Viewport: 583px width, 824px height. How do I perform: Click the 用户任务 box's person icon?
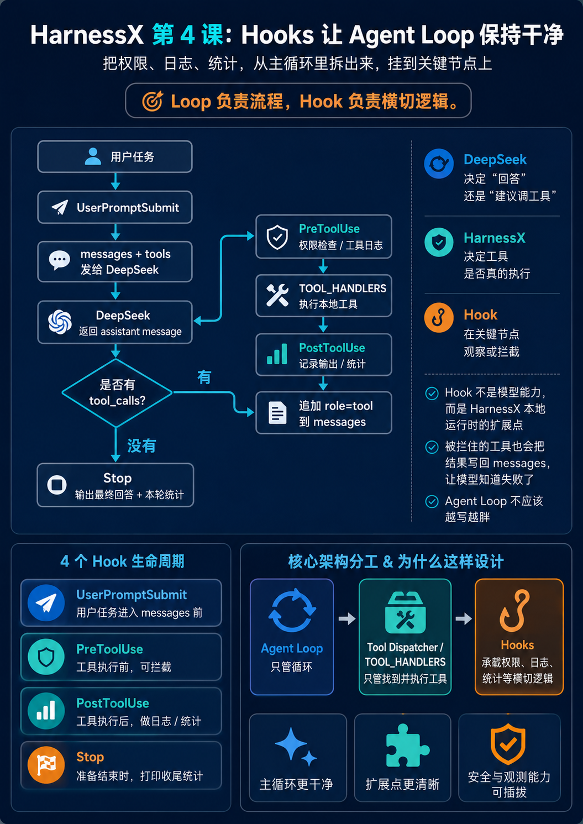pyautogui.click(x=93, y=156)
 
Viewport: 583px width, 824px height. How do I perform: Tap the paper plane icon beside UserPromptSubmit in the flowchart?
pyautogui.click(x=60, y=207)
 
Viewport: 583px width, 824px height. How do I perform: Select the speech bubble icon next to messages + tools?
pyautogui.click(x=59, y=260)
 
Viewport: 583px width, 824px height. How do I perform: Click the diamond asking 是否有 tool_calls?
pyautogui.click(x=117, y=393)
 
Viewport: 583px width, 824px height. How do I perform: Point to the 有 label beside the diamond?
pyautogui.click(x=204, y=377)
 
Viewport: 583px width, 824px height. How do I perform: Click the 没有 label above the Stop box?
pyautogui.click(x=141, y=446)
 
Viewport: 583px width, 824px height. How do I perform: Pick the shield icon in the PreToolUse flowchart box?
pyautogui.click(x=277, y=237)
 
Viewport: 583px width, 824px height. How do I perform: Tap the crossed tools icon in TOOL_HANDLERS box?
pyautogui.click(x=277, y=295)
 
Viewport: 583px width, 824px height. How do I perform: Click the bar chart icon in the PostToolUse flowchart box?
pyautogui.click(x=277, y=354)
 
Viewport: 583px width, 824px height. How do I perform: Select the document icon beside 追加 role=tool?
pyautogui.click(x=277, y=413)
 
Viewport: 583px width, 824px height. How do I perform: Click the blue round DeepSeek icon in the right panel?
pyautogui.click(x=438, y=164)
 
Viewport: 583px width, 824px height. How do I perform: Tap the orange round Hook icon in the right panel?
pyautogui.click(x=438, y=317)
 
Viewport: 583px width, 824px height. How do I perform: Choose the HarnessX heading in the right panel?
pyautogui.click(x=495, y=238)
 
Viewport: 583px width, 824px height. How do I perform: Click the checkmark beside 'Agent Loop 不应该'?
pyautogui.click(x=432, y=501)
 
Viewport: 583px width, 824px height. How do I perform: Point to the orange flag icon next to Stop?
pyautogui.click(x=46, y=765)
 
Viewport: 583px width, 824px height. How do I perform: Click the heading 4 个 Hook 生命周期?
pyautogui.click(x=122, y=561)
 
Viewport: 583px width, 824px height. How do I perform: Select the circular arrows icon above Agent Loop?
pyautogui.click(x=292, y=610)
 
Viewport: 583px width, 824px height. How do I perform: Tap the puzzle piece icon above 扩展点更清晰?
pyautogui.click(x=407, y=746)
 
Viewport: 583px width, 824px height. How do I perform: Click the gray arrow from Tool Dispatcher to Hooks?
pyautogui.click(x=464, y=619)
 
